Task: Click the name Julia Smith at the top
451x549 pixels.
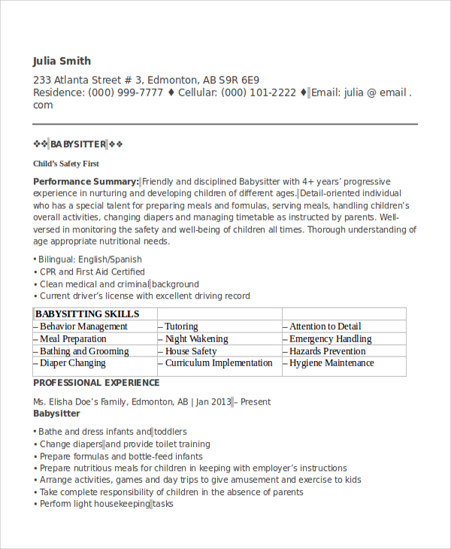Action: point(62,61)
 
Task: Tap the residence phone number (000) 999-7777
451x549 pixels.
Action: point(126,93)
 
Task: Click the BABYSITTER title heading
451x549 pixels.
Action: point(78,144)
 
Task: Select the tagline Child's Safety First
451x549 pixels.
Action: point(66,163)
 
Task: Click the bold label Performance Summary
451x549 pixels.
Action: point(86,181)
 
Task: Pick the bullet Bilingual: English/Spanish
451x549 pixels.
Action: point(90,259)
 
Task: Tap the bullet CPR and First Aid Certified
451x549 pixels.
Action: point(92,271)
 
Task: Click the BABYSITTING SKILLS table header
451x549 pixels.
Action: point(87,314)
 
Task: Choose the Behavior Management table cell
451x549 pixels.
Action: point(83,326)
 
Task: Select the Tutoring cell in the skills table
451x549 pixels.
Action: point(181,326)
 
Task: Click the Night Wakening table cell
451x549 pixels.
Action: point(196,338)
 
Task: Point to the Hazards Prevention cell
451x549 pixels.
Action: point(327,351)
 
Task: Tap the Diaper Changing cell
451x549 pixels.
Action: point(72,363)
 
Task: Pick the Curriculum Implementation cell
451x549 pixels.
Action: point(218,363)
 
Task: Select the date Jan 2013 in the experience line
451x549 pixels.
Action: point(213,402)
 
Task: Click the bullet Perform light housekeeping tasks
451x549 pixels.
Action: point(106,504)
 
